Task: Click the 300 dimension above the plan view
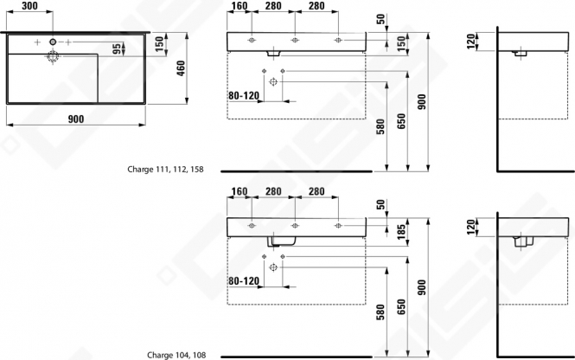pyautogui.click(x=29, y=6)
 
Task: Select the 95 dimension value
pyautogui.click(x=117, y=48)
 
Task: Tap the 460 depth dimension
pyautogui.click(x=181, y=68)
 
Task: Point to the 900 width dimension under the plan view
pyautogui.click(x=76, y=119)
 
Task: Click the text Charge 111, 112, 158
pyautogui.click(x=165, y=169)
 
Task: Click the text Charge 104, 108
pyautogui.click(x=176, y=355)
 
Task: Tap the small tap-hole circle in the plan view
pyautogui.click(x=53, y=42)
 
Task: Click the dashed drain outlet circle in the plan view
pyautogui.click(x=53, y=56)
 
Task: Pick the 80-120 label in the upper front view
pyautogui.click(x=244, y=95)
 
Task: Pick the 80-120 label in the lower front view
pyautogui.click(x=244, y=280)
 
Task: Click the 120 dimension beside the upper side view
pyautogui.click(x=472, y=41)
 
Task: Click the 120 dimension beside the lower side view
pyautogui.click(x=472, y=227)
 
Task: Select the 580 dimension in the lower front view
pyautogui.click(x=381, y=312)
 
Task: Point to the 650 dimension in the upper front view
pyautogui.click(x=402, y=121)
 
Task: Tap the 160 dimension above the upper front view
pyautogui.click(x=240, y=6)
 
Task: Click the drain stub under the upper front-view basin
pyautogui.click(x=273, y=54)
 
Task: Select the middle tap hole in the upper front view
pyautogui.click(x=295, y=40)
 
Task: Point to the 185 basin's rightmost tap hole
pyautogui.click(x=338, y=225)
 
